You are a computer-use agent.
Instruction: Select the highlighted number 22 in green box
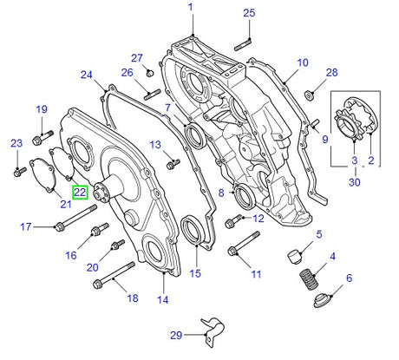point(80,193)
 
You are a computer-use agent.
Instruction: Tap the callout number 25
point(249,12)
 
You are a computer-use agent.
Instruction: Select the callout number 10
point(302,62)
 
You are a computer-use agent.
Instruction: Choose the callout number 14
point(161,300)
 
